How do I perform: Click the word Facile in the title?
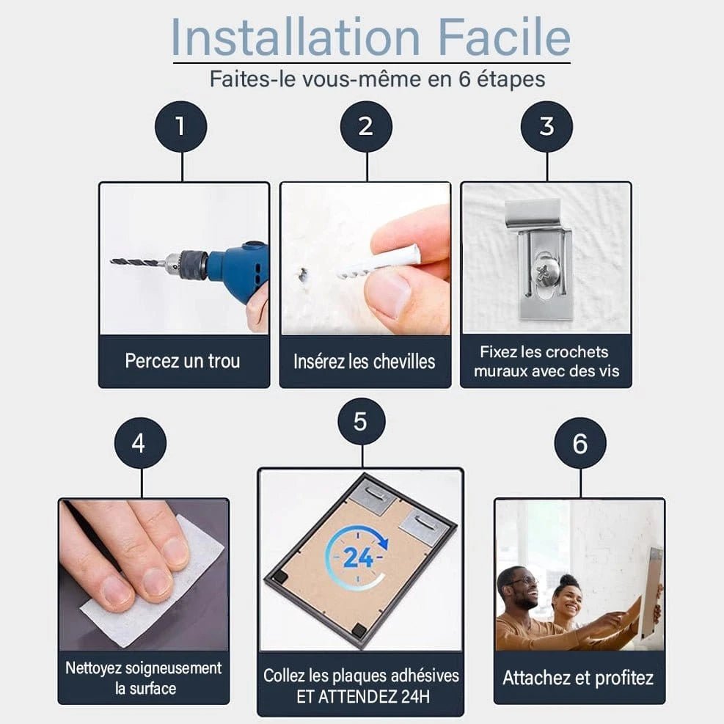(x=504, y=37)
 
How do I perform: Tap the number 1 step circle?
(x=181, y=126)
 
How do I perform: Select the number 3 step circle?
(x=546, y=126)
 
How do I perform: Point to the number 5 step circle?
(x=360, y=422)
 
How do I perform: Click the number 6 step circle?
(x=580, y=443)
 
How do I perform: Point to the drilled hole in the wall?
(x=304, y=276)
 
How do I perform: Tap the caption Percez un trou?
(x=183, y=361)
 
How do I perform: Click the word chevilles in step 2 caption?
(x=404, y=362)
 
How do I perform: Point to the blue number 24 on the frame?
(x=358, y=557)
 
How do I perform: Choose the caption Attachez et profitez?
(x=578, y=678)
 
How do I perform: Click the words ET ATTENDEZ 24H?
(x=363, y=696)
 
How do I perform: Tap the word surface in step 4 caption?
(x=153, y=689)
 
